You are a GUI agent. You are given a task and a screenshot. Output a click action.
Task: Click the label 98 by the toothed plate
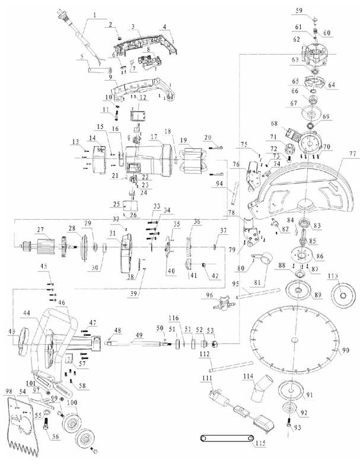point(8,391)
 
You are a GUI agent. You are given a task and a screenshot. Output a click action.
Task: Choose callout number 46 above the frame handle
point(62,302)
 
